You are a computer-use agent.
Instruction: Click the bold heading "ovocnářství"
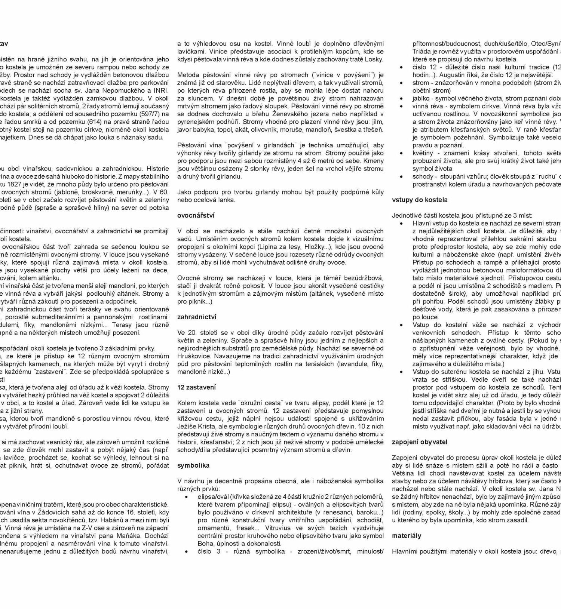click(x=196, y=216)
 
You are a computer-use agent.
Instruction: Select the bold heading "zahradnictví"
click(x=197, y=317)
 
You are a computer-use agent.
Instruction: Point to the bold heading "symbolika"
click(x=193, y=465)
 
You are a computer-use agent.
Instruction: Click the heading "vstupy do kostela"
click(x=420, y=200)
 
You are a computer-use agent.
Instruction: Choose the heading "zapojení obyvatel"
click(x=420, y=442)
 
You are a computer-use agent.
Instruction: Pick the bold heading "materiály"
click(x=407, y=536)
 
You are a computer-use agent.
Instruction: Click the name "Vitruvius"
click(x=278, y=528)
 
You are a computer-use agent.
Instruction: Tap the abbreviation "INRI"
click(x=162, y=90)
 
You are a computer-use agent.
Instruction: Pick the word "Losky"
click(x=375, y=59)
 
